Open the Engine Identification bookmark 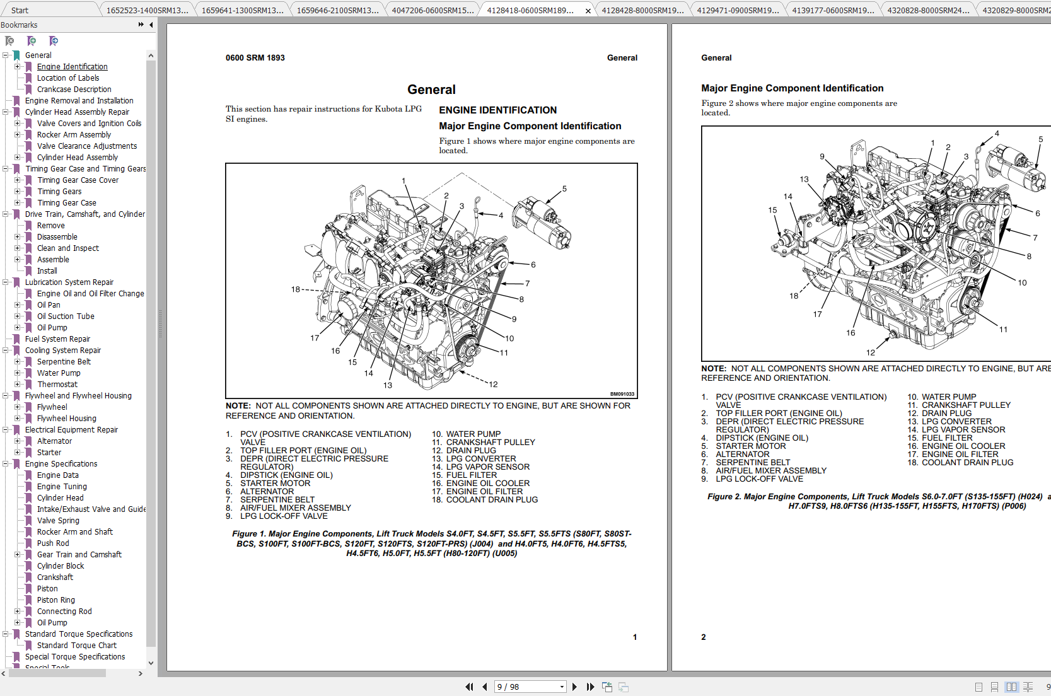tap(72, 67)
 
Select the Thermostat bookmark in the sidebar tap(57, 385)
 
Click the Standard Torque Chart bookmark tap(76, 646)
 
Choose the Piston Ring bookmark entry tap(55, 600)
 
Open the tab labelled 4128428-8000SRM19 tap(642, 10)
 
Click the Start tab tap(20, 10)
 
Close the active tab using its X tap(588, 11)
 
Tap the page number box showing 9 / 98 tap(527, 687)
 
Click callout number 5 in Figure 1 tap(564, 188)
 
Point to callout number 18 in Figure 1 tap(295, 289)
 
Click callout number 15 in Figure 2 tap(772, 210)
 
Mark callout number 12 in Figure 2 tap(870, 352)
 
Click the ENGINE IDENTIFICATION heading tap(497, 110)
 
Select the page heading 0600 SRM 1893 tap(255, 58)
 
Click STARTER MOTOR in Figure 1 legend tap(275, 484)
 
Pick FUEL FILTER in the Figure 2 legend tap(946, 438)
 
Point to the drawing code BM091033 tap(622, 394)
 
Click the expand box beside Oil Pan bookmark tap(18, 305)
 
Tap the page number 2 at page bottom tap(704, 637)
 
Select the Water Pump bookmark tap(59, 373)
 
